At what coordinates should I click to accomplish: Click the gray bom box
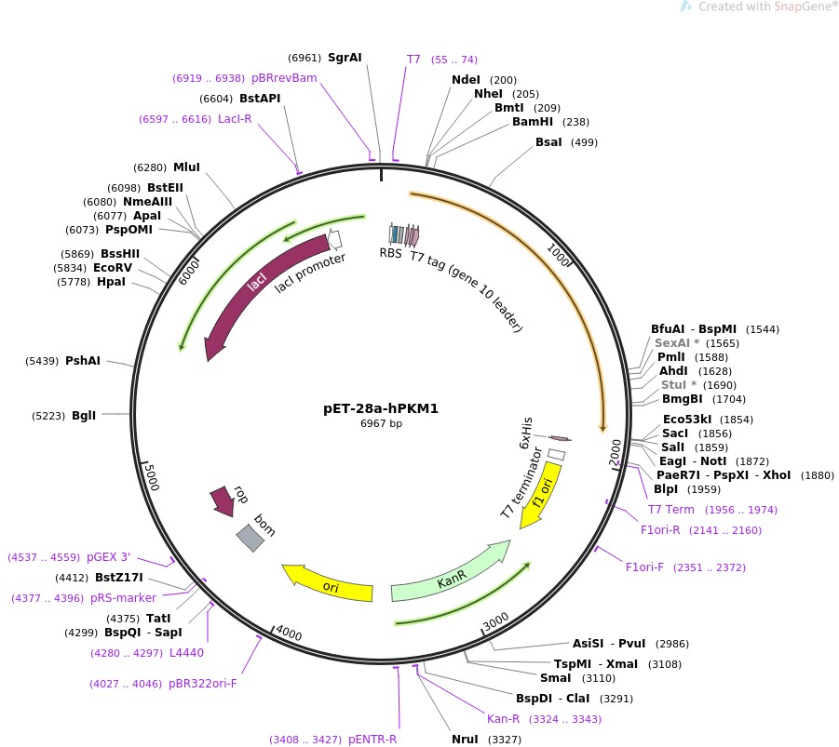[x=250, y=538]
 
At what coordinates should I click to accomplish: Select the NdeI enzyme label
[x=466, y=80]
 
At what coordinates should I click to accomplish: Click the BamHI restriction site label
[x=533, y=122]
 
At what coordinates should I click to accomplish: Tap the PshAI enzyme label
[x=83, y=361]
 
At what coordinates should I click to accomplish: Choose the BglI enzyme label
[x=84, y=415]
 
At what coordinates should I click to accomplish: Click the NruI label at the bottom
[x=464, y=740]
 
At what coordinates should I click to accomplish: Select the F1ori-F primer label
[x=644, y=567]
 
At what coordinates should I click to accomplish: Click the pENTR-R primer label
[x=372, y=740]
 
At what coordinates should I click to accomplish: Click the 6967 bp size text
[x=381, y=423]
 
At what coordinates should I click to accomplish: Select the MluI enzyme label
[x=186, y=167]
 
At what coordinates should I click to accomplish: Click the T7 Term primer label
[x=671, y=510]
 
